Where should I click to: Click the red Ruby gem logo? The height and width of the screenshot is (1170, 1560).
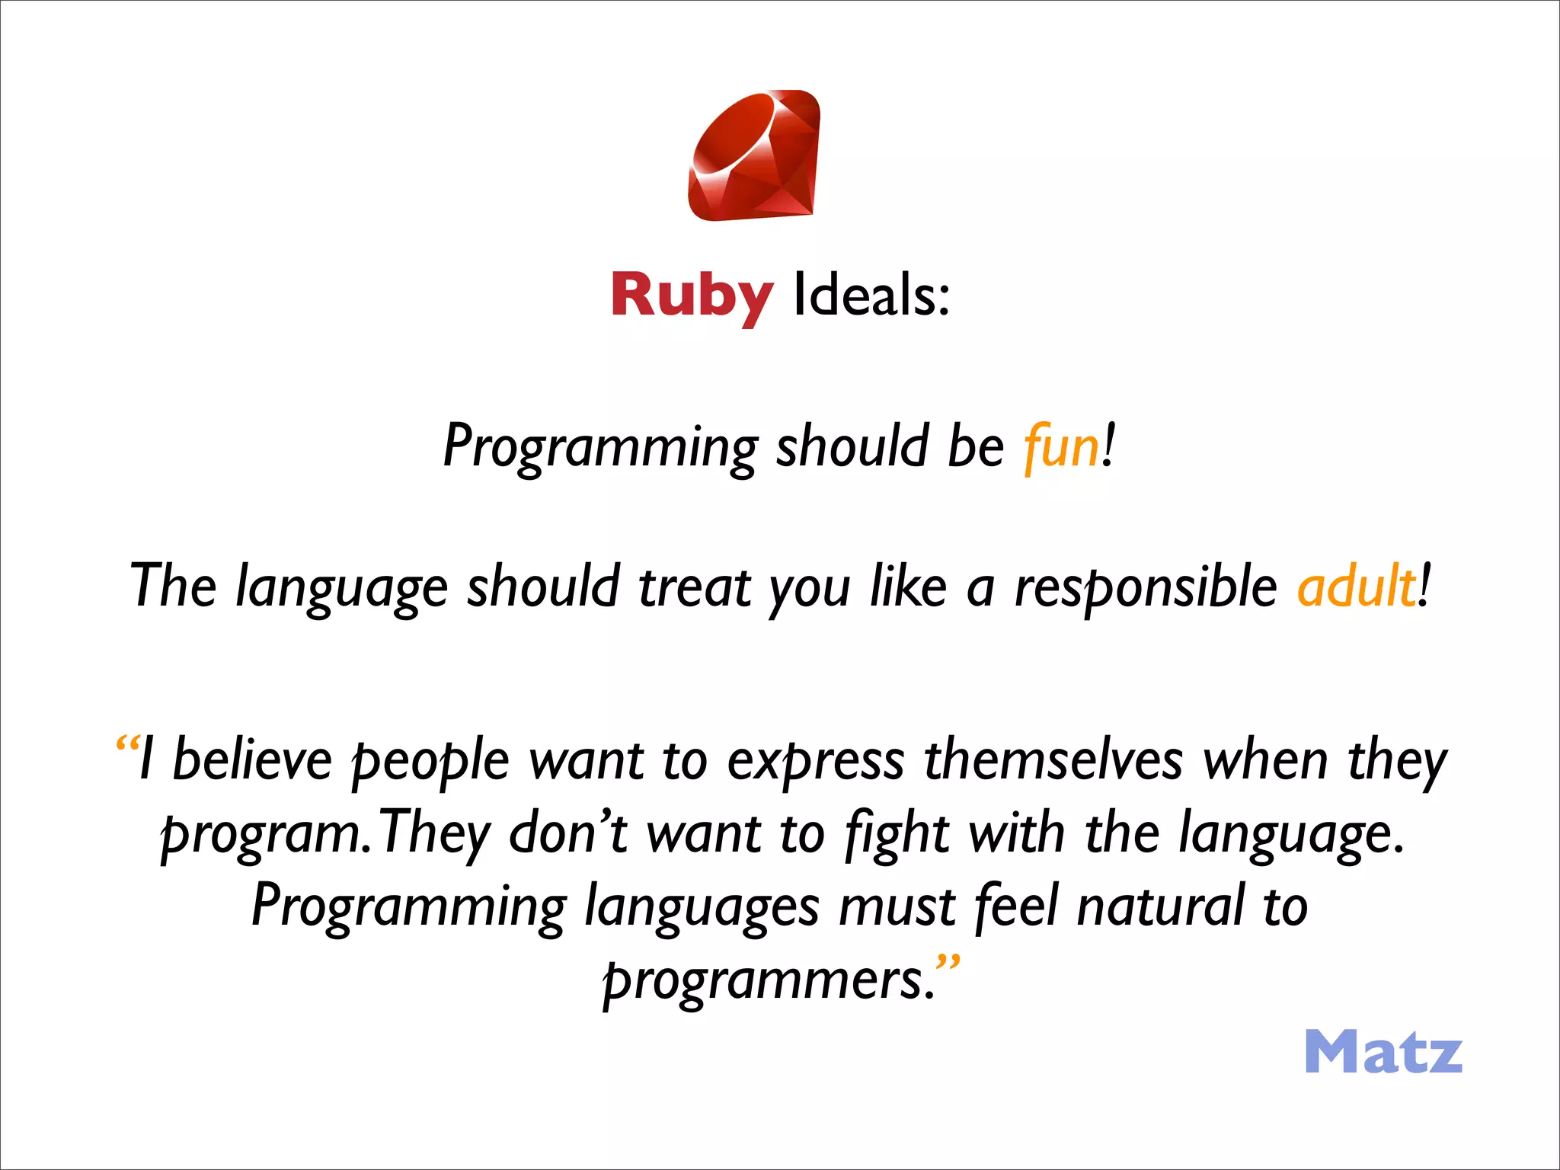(754, 156)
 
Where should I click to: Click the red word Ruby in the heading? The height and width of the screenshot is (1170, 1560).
(692, 296)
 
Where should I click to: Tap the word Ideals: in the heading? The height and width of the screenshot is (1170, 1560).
(871, 296)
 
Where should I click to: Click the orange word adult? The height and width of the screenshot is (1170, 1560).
(1357, 587)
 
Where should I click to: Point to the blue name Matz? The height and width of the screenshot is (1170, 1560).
(1383, 1052)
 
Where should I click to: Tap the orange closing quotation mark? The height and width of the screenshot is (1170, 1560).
(948, 963)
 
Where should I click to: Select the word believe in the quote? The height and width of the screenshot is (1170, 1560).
(252, 760)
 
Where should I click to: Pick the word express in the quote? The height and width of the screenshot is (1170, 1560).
(816, 760)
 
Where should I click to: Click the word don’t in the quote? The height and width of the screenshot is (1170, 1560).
(567, 833)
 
